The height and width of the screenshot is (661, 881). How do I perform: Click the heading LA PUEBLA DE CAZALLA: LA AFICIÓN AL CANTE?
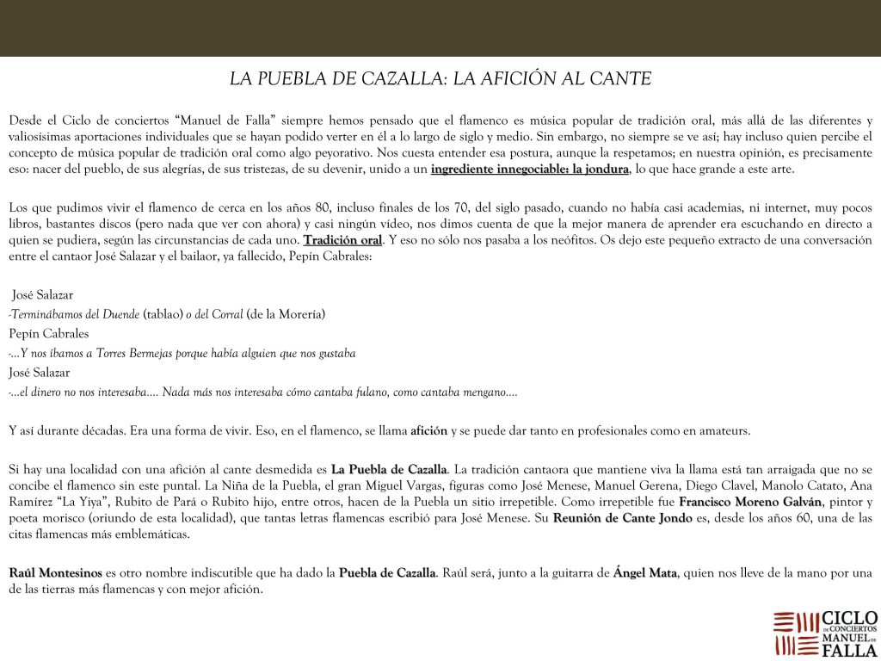click(440, 79)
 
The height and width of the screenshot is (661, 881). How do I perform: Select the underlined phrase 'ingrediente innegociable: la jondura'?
click(529, 169)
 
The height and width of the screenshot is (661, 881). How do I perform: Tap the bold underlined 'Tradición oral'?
click(342, 239)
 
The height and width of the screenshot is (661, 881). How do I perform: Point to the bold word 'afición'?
click(429, 430)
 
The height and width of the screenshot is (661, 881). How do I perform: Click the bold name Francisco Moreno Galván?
click(750, 501)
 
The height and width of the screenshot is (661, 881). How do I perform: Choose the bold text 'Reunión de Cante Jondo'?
click(617, 517)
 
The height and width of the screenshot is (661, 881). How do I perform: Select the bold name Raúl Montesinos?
click(55, 573)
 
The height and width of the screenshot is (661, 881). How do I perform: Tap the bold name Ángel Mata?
click(644, 573)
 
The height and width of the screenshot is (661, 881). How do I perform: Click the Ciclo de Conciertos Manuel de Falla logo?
click(825, 633)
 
